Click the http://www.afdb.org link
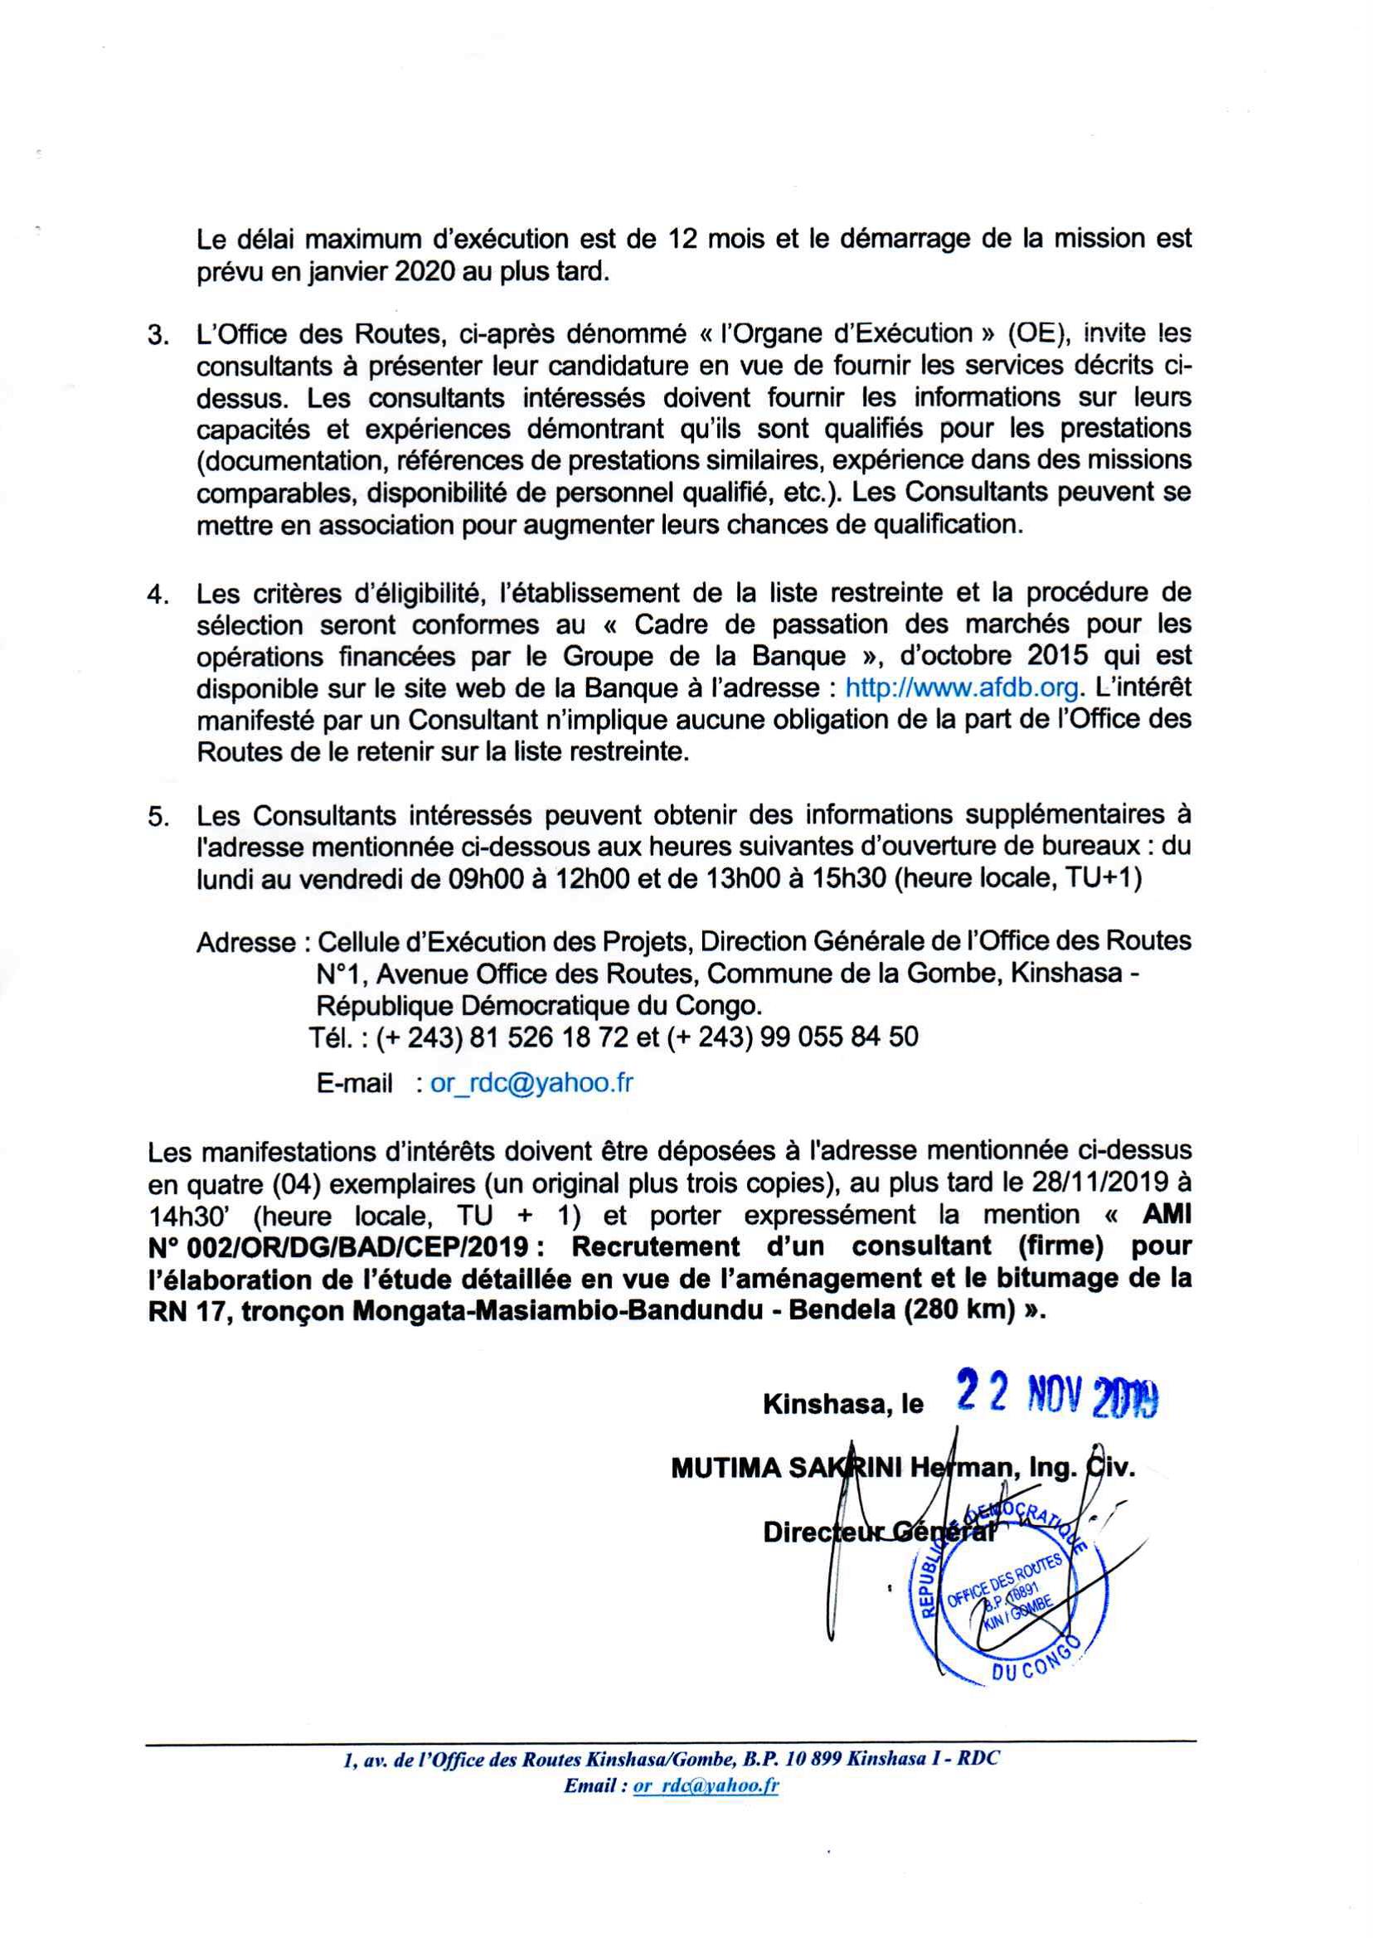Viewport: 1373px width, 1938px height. [962, 688]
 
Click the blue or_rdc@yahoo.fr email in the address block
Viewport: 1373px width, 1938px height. [531, 1083]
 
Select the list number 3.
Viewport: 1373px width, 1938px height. [158, 336]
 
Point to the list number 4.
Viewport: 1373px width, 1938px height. [158, 595]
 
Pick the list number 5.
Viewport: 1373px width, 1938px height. [158, 818]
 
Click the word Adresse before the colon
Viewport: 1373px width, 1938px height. [246, 942]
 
